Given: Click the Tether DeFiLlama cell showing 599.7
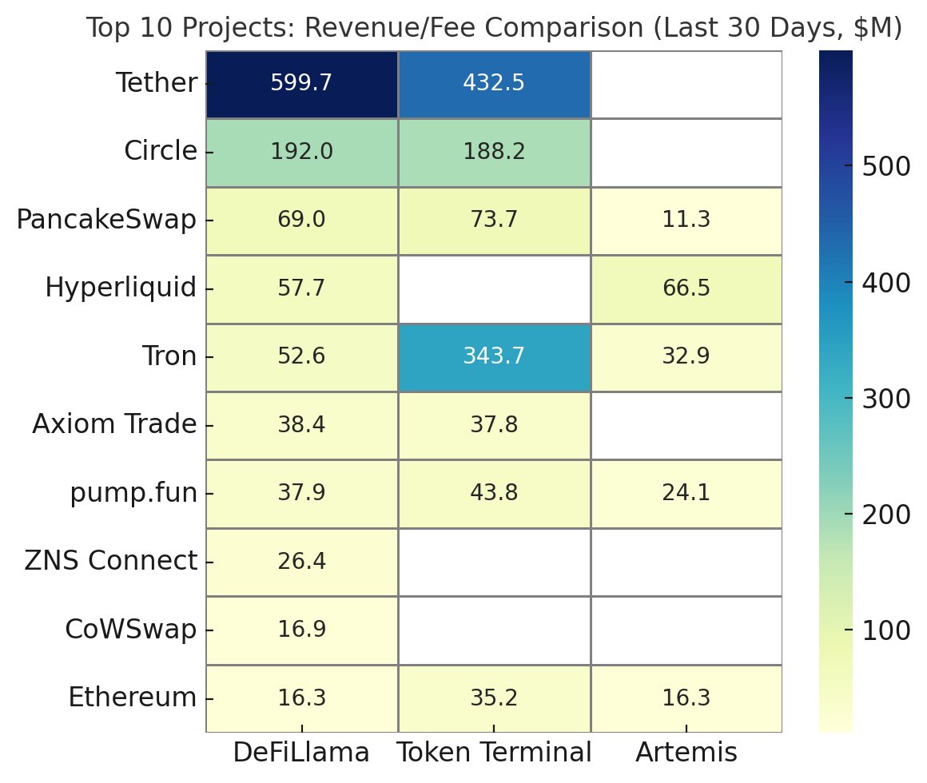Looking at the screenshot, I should [x=301, y=84].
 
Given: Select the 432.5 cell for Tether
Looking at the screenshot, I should [x=494, y=84].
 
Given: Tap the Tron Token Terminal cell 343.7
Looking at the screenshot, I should [x=494, y=357].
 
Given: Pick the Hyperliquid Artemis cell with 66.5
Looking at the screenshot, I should [x=686, y=288].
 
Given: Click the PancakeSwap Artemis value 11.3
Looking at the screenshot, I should [x=686, y=221].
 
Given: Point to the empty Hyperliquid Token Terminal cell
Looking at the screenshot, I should [x=494, y=288].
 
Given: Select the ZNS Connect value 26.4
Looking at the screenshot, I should [x=301, y=562].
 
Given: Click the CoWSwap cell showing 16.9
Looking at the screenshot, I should [x=301, y=630].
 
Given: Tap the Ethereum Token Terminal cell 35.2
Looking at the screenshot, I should [x=494, y=698].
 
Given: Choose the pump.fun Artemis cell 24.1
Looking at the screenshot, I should [x=686, y=494].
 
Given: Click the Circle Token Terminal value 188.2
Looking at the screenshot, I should [x=494, y=152].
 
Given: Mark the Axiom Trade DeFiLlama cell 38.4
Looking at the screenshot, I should [x=301, y=425].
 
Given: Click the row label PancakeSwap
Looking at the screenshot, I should [x=106, y=221].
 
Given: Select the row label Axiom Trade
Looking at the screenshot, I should [x=114, y=425].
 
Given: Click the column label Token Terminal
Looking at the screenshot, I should [x=494, y=753].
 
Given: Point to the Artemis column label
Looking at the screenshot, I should [x=686, y=753].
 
